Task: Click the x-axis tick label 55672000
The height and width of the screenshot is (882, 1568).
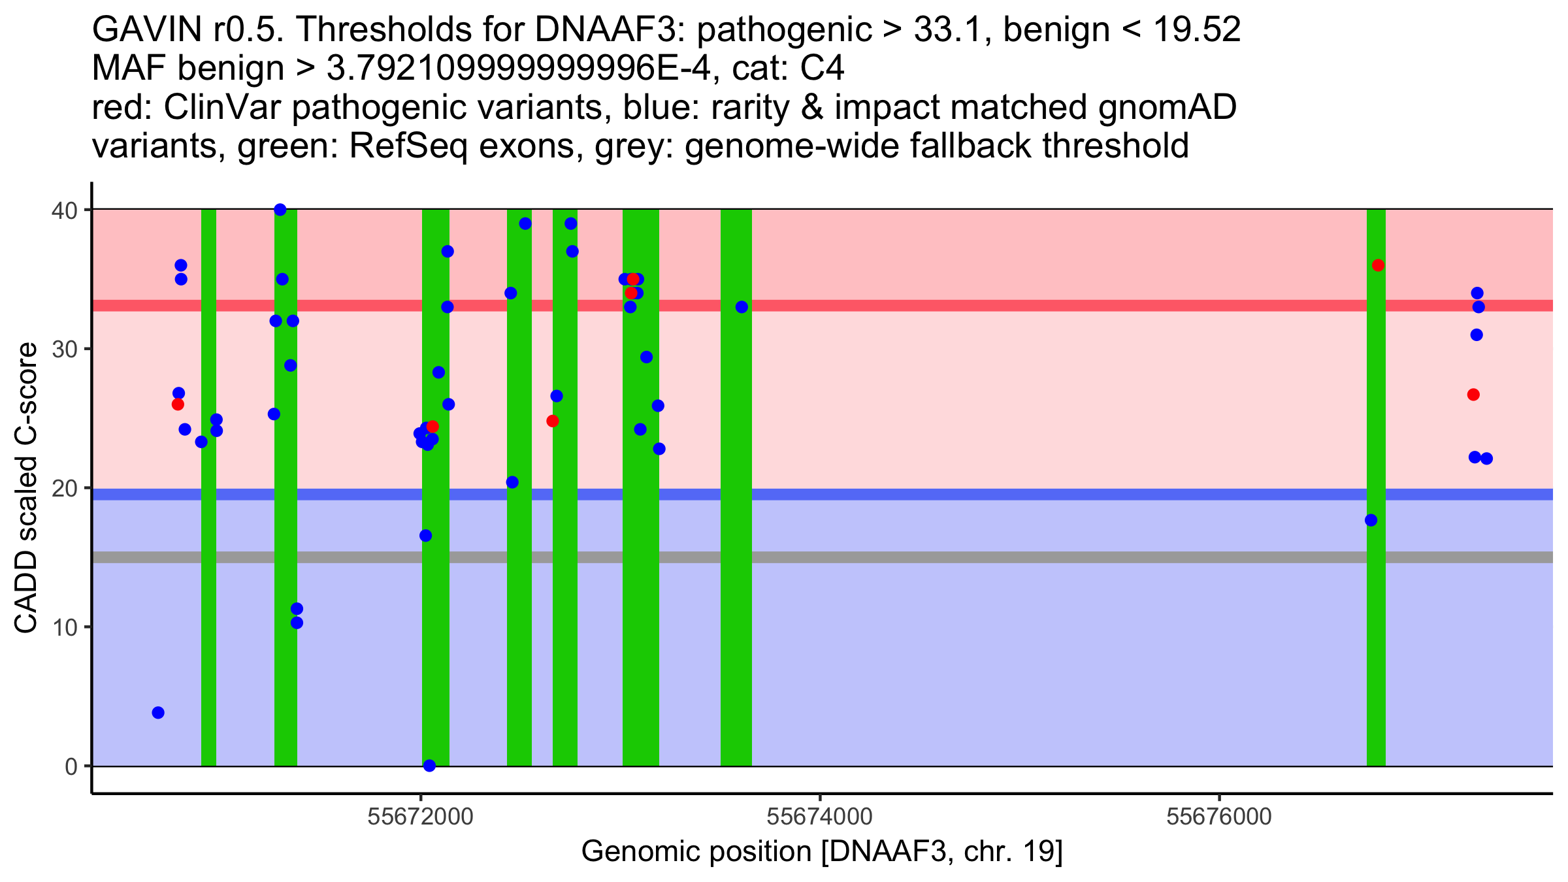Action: click(420, 817)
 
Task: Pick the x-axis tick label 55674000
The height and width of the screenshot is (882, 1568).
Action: click(819, 817)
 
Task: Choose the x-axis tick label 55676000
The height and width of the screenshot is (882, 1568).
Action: click(1219, 817)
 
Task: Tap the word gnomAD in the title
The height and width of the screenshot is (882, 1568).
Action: click(1167, 107)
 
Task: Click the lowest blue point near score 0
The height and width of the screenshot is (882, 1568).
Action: click(429, 766)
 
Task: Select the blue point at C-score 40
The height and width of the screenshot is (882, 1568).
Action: click(280, 210)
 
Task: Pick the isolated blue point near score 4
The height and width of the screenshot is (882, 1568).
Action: click(158, 712)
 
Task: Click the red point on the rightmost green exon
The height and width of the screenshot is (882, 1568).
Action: click(1378, 265)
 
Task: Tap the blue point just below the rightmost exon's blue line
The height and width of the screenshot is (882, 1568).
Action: click(1371, 520)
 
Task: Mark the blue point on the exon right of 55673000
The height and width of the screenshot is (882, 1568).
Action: click(742, 307)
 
